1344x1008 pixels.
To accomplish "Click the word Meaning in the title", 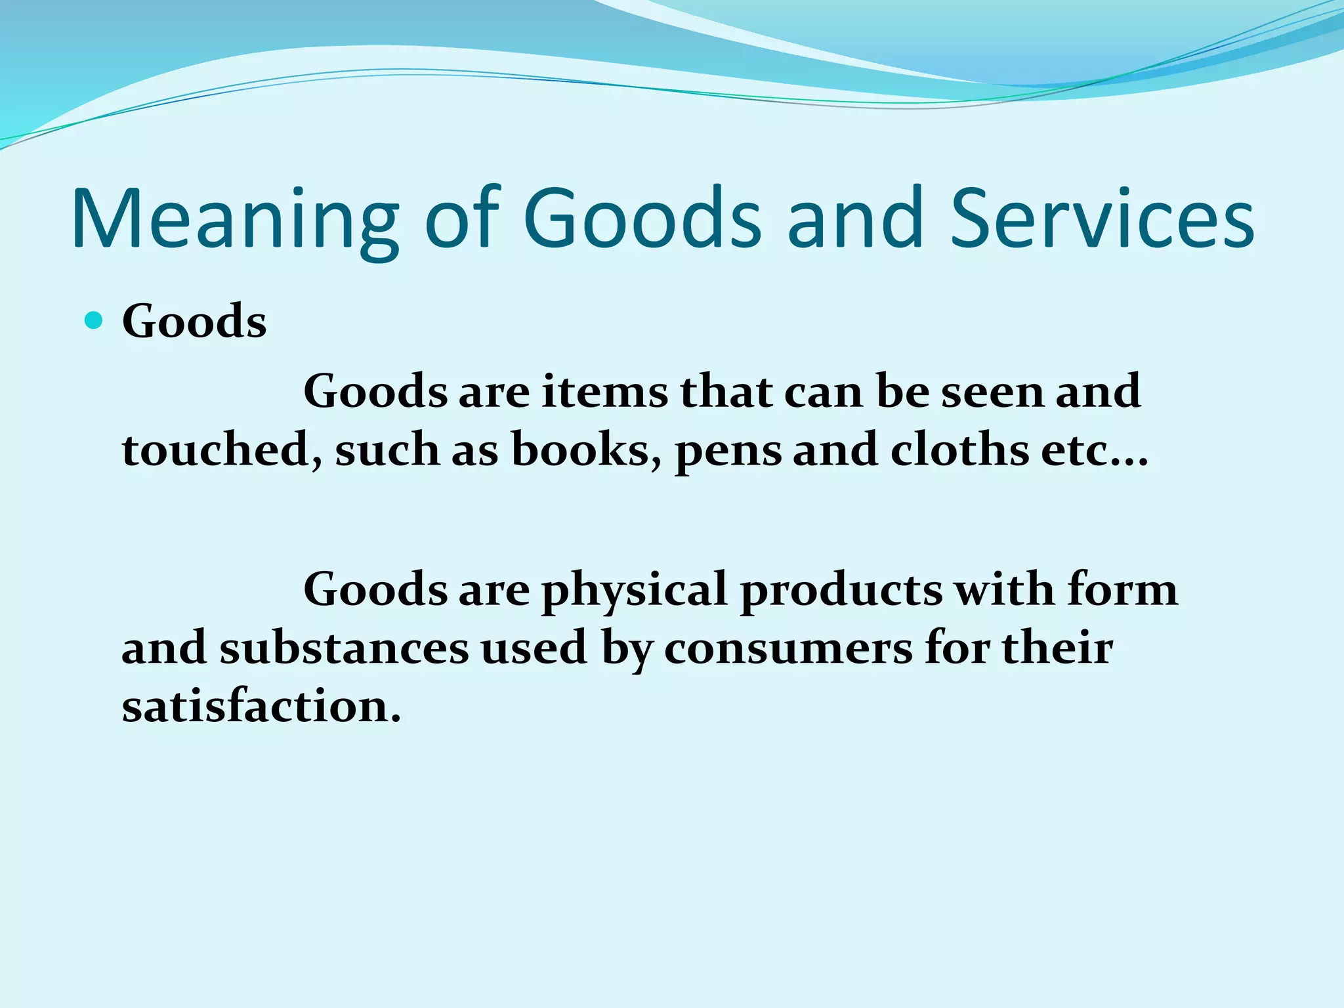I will pyautogui.click(x=235, y=220).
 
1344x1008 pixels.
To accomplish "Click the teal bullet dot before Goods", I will pyautogui.click(x=94, y=321).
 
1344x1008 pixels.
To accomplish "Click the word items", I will pyautogui.click(x=605, y=392).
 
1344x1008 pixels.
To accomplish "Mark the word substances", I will pyautogui.click(x=344, y=648).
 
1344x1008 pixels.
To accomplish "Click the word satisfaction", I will pyautogui.click(x=261, y=707).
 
